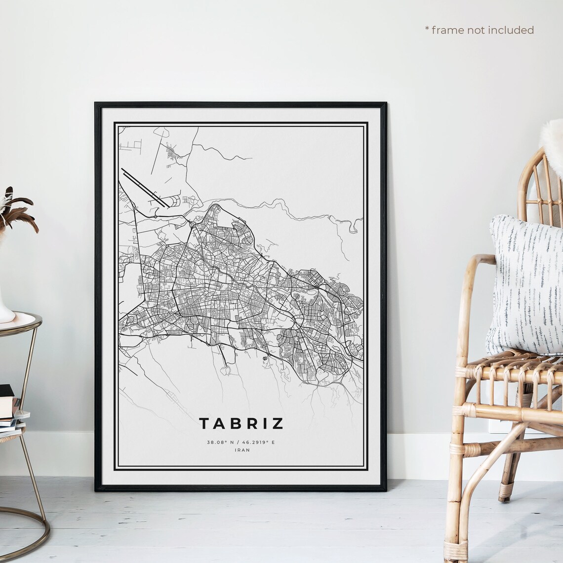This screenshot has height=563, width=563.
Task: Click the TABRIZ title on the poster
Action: [241, 424]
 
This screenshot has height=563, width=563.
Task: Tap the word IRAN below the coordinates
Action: [241, 450]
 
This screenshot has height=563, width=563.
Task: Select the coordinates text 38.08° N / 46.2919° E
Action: [241, 442]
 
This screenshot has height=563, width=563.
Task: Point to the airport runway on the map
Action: [144, 188]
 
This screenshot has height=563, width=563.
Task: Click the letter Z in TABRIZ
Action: [278, 424]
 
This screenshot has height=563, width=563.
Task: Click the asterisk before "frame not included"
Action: [427, 29]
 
